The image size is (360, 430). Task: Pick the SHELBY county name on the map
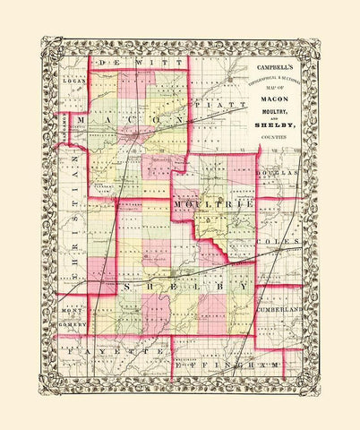pos(184,285)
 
